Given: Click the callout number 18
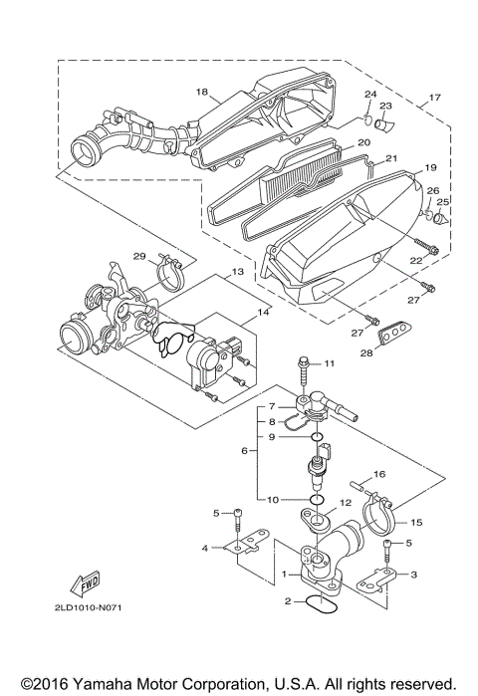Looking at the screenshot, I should [x=201, y=92].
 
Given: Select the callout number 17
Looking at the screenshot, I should [x=433, y=99].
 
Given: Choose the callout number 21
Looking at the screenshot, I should [x=391, y=158].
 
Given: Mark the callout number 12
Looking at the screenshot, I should [x=346, y=503].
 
